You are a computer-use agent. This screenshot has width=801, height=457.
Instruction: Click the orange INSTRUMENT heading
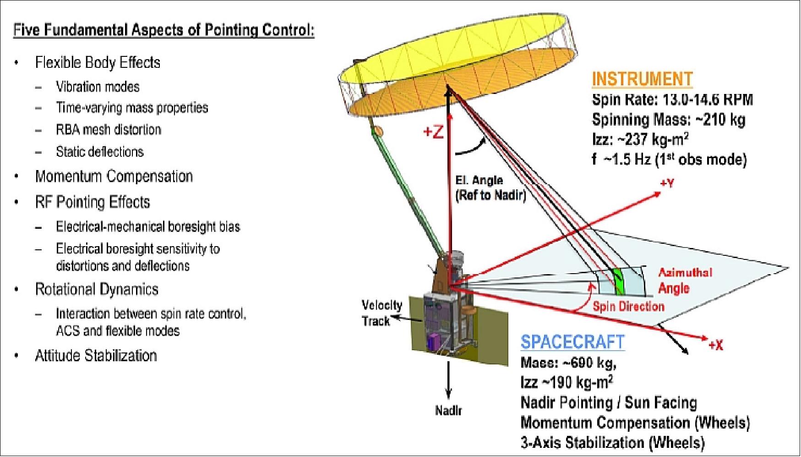642,79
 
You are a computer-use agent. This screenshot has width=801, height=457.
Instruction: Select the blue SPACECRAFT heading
572,342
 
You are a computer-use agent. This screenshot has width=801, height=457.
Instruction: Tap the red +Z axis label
433,132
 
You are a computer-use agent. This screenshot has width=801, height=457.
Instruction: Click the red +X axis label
715,345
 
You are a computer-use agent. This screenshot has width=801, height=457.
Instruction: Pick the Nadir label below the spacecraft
448,410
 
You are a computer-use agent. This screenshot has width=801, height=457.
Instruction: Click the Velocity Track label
381,313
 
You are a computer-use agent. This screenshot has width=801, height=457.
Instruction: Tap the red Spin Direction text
628,307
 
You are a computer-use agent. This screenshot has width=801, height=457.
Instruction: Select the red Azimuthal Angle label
685,280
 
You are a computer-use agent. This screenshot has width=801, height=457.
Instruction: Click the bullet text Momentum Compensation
114,176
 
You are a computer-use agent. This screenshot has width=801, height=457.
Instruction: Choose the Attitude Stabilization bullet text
96,356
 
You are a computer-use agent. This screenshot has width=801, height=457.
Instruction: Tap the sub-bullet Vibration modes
98,87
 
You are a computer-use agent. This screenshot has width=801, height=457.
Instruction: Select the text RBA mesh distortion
109,130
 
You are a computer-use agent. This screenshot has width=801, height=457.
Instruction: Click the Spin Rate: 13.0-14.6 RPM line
672,100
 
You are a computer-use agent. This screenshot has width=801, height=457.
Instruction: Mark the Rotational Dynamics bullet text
97,289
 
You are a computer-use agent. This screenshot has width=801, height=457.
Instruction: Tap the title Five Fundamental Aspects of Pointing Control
163,30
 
